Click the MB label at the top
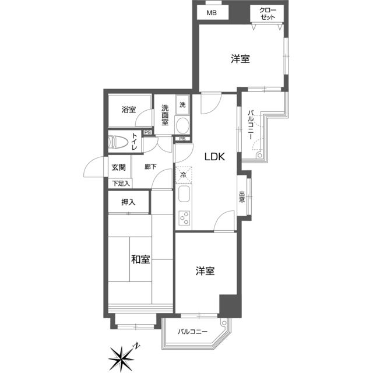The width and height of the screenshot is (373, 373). point(210,12)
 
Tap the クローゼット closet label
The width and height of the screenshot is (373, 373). point(268,13)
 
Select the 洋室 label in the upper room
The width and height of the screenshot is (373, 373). point(240,59)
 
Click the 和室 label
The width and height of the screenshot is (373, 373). point(140,260)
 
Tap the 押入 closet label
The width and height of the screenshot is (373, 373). point(128,202)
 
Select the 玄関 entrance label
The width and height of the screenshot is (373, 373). point(119,167)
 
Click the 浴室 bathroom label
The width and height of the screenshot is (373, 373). point(128,110)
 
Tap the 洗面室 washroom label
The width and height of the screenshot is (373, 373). point(165,114)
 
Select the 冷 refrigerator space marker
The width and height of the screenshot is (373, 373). point(183,174)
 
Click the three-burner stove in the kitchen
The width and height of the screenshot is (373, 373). point(184,218)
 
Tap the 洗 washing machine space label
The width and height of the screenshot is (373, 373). point(182,105)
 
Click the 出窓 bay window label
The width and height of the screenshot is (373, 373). point(241,197)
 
